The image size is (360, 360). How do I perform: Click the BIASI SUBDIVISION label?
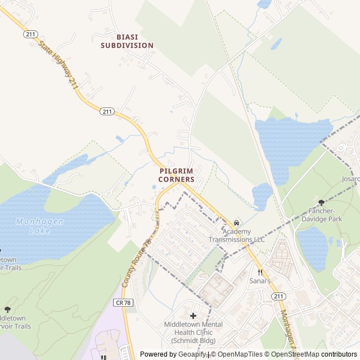(x=127, y=40)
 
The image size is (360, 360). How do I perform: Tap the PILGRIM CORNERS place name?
(x=176, y=174)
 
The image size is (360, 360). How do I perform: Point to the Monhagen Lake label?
(x=39, y=226)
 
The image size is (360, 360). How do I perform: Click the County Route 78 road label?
(x=137, y=263)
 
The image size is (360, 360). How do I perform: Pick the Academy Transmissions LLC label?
(x=236, y=235)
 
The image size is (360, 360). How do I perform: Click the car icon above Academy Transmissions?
(x=236, y=223)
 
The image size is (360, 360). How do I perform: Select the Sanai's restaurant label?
(x=260, y=281)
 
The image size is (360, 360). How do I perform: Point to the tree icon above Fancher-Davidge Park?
(x=321, y=202)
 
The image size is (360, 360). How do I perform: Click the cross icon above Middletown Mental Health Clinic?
(x=193, y=316)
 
